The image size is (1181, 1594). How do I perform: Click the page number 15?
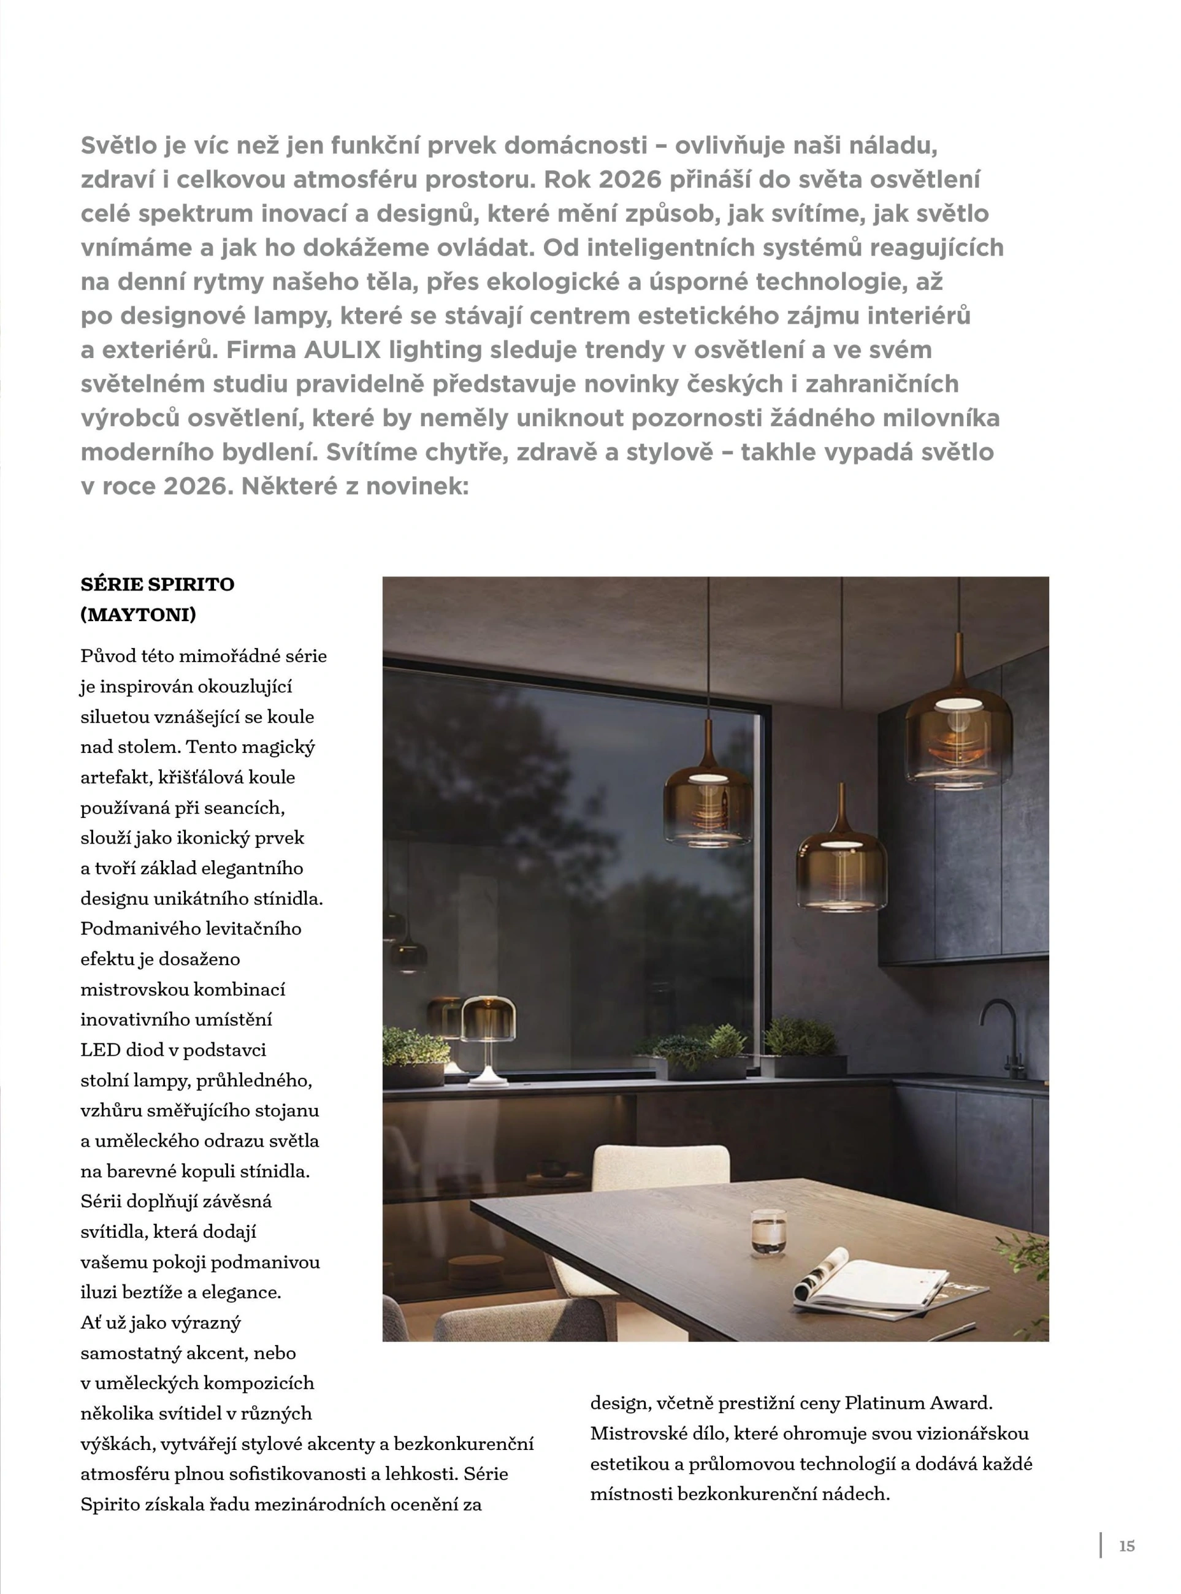1126,1546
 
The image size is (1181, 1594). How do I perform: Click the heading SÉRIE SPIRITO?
157,584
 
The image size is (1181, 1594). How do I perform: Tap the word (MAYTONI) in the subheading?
138,614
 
